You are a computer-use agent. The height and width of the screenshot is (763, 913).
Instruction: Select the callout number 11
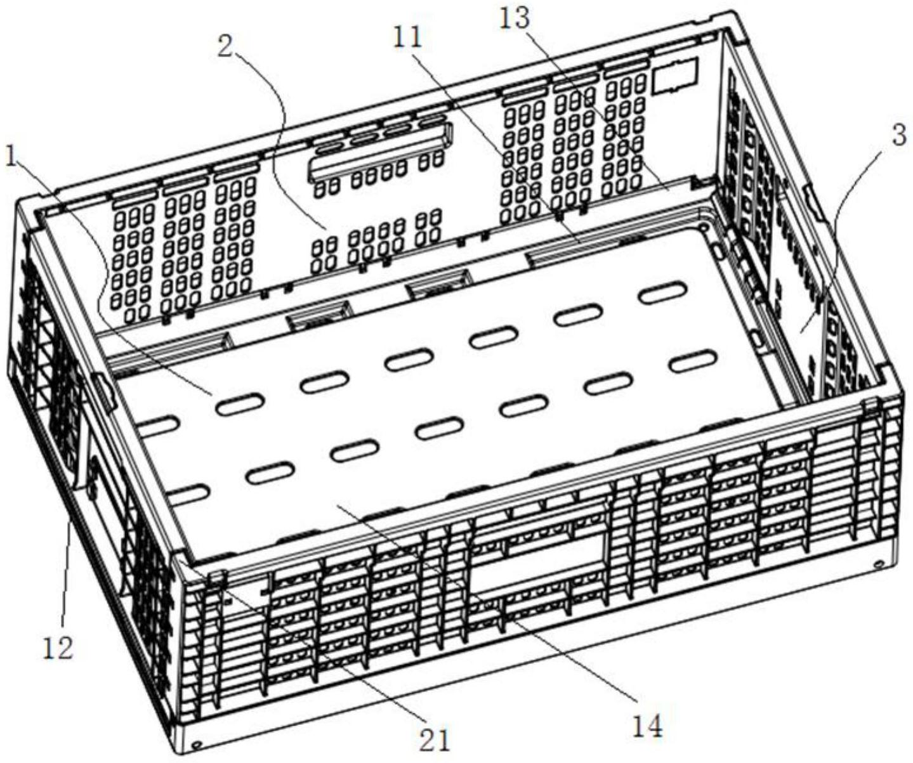coord(407,37)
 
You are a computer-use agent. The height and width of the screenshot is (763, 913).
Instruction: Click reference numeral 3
coord(899,137)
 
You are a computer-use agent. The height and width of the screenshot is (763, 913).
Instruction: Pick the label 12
coord(58,648)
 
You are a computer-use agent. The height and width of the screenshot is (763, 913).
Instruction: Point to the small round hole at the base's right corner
coord(879,563)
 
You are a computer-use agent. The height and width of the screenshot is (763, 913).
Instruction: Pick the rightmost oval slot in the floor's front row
coord(694,362)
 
